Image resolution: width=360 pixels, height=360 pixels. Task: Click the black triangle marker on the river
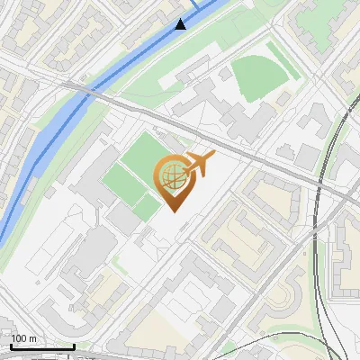181,24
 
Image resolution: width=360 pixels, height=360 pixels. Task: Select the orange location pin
173,181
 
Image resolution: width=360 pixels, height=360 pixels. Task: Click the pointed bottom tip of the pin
173,211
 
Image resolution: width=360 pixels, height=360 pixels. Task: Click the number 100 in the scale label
19,338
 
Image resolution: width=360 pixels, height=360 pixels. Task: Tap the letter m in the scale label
32,338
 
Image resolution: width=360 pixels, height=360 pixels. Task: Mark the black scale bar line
42,346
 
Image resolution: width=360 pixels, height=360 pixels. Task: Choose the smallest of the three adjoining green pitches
147,209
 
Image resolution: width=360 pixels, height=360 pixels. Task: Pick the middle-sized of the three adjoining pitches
124,184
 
